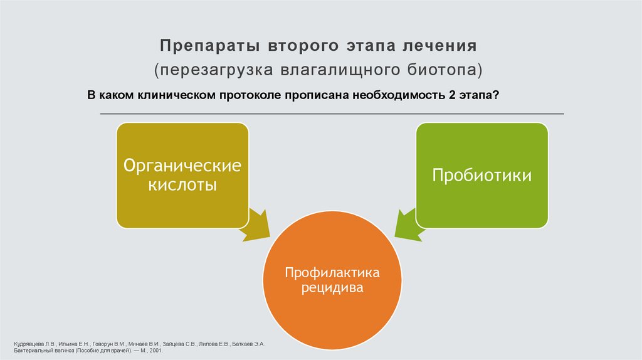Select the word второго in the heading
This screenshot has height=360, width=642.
click(286, 46)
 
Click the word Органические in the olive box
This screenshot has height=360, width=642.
click(182, 166)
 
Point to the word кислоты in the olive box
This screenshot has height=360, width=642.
click(182, 186)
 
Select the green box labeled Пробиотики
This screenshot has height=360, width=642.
click(481, 175)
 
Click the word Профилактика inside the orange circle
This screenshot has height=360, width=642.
click(332, 273)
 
